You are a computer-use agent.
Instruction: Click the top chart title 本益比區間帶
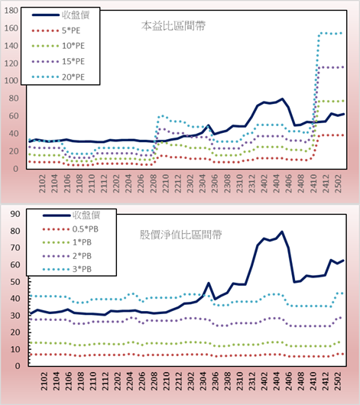coord(174,26)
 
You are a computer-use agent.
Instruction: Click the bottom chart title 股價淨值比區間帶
coord(180,235)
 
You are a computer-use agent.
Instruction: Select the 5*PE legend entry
coord(56,31)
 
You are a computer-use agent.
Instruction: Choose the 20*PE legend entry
coord(58,77)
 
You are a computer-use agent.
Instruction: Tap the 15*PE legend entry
coord(58,61)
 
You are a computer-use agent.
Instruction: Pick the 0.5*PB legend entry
coord(70,229)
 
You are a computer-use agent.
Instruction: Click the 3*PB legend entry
coord(67,269)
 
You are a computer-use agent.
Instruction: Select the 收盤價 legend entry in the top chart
coord(60,15)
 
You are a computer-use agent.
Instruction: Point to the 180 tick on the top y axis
coord(11,11)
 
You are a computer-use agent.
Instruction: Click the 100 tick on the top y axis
coord(11,80)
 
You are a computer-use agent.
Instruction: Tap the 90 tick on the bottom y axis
coord(15,214)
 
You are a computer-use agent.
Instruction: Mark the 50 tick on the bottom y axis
coord(15,281)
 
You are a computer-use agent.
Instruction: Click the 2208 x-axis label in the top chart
coord(154,183)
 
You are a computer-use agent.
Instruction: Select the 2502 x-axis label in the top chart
coord(338,183)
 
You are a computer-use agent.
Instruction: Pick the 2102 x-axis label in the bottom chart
coord(44,381)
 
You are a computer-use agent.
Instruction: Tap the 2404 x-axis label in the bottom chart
coord(277,381)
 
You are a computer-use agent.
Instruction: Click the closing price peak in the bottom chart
coord(282,232)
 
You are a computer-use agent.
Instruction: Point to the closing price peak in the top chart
coord(282,99)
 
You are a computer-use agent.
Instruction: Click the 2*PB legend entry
coord(67,256)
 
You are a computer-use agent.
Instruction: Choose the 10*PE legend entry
coord(58,46)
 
